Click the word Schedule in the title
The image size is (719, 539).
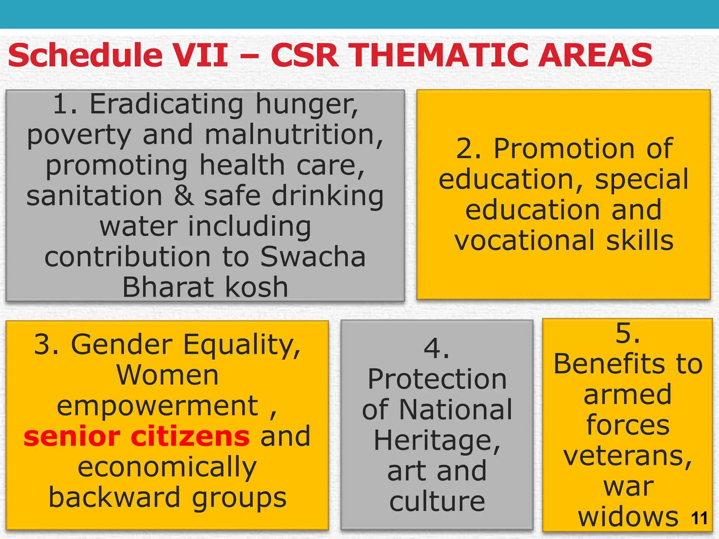pyautogui.click(x=85, y=55)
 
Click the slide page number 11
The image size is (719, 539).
pyautogui.click(x=699, y=518)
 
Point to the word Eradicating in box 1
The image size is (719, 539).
pyautogui.click(x=167, y=104)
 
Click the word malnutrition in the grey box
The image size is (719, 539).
pyautogui.click(x=293, y=135)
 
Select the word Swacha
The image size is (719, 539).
pyautogui.click(x=313, y=257)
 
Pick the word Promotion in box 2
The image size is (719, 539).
pyautogui.click(x=565, y=149)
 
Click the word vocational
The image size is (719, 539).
pyautogui.click(x=525, y=241)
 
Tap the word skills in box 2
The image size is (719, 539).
pyautogui.click(x=640, y=241)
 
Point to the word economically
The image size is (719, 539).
pyautogui.click(x=167, y=467)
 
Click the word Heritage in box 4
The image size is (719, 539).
pyautogui.click(x=437, y=441)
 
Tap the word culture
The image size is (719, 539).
pyautogui.click(x=437, y=502)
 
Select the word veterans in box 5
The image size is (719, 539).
pyautogui.click(x=627, y=456)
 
